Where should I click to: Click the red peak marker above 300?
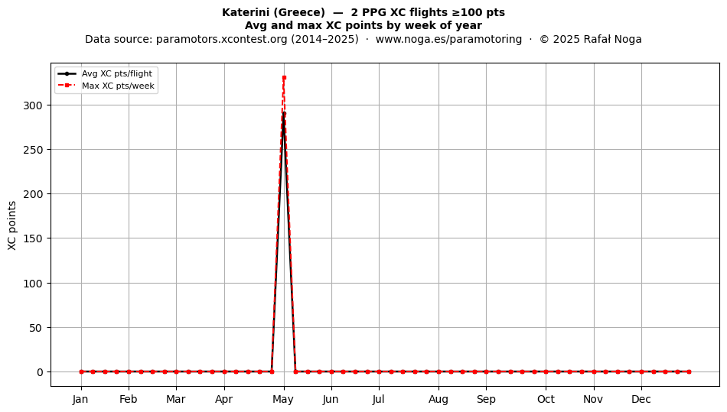[x=284, y=77]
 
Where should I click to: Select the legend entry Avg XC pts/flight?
[x=117, y=73]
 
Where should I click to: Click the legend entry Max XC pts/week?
[x=118, y=86]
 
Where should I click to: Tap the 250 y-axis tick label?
[x=32, y=150]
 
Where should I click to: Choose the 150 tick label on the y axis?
[x=32, y=238]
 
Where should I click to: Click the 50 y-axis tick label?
[x=36, y=328]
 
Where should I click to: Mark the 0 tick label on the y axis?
[x=39, y=372]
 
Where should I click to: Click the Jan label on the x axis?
[x=80, y=399]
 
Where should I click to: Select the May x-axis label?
[x=283, y=400]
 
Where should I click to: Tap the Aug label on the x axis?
[x=438, y=400]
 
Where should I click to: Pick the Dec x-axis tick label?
[x=641, y=399]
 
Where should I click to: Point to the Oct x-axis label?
[x=546, y=399]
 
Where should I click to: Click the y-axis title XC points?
[x=12, y=225]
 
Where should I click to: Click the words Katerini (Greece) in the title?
[x=273, y=12]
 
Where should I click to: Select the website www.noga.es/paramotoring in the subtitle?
[x=448, y=39]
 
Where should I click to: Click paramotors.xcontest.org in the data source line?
[x=222, y=39]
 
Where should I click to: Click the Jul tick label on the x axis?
[x=378, y=399]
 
